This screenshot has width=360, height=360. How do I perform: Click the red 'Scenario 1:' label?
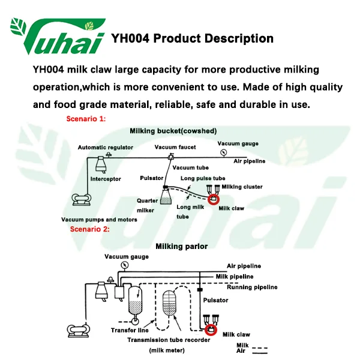click(85, 119)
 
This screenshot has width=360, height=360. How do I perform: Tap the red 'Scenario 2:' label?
click(89, 229)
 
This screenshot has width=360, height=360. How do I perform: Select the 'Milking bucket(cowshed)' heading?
click(173, 131)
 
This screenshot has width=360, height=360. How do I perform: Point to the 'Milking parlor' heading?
click(182, 246)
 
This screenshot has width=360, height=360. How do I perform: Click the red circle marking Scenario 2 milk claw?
click(211, 329)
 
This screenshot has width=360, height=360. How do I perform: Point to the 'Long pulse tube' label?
click(202, 178)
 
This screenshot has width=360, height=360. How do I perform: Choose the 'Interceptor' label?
click(106, 179)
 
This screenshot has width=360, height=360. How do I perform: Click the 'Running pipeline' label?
click(252, 287)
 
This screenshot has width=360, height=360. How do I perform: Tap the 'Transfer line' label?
click(130, 330)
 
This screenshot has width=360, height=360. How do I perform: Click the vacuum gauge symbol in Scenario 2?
click(124, 265)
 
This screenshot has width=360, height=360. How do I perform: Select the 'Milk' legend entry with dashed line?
click(242, 345)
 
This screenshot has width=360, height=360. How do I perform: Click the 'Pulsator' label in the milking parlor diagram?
click(216, 299)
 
